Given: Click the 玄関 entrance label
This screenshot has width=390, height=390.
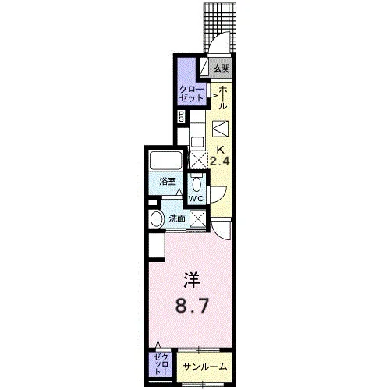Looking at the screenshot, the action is click(x=222, y=69).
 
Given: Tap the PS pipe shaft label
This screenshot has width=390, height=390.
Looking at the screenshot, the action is click(x=181, y=117).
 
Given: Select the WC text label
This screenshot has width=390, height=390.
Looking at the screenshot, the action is click(x=196, y=199).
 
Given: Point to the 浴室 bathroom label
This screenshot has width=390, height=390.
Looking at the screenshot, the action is click(x=168, y=181).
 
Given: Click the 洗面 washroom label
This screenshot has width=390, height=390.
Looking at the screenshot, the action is click(x=177, y=218).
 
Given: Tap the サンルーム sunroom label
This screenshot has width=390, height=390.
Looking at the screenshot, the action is click(x=205, y=367).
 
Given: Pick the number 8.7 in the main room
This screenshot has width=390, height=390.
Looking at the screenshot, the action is click(x=192, y=306).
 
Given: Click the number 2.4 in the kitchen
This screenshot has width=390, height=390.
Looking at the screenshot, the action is click(x=220, y=161).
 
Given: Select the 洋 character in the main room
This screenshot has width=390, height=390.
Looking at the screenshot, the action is click(x=192, y=280).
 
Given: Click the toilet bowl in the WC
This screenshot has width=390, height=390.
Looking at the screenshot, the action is click(x=196, y=183).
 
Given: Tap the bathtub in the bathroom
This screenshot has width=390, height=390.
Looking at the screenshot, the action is click(x=165, y=161).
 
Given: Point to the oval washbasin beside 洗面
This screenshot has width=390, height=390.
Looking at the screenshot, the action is click(x=157, y=219).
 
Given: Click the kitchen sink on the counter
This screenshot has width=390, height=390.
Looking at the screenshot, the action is click(x=197, y=142).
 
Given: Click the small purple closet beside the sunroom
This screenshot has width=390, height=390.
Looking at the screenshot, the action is click(x=161, y=364).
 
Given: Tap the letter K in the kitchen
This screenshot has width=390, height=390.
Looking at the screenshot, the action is click(x=221, y=150).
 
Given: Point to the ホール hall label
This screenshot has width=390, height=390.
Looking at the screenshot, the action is click(x=222, y=98).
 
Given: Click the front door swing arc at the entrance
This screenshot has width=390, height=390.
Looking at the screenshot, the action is click(x=221, y=38).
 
